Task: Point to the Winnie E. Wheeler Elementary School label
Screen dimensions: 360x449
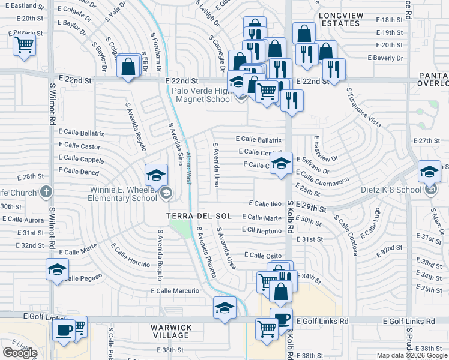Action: pyautogui.click(x=123, y=193)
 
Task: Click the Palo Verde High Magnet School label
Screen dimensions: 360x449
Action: pyautogui.click(x=202, y=95)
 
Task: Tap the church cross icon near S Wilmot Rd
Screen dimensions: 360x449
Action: pyautogui.click(x=47, y=192)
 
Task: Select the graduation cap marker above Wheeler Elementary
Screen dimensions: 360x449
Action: pyautogui.click(x=156, y=175)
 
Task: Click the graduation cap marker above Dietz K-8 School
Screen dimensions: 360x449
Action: pyautogui.click(x=429, y=172)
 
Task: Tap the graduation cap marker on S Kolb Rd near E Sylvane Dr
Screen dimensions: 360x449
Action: pyautogui.click(x=280, y=164)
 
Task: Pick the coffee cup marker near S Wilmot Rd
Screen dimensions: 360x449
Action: pyautogui.click(x=63, y=329)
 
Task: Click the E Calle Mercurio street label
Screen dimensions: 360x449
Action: pyautogui.click(x=175, y=291)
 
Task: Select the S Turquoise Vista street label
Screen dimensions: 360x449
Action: pyautogui.click(x=364, y=108)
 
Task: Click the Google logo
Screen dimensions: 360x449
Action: pyautogui.click(x=20, y=353)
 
